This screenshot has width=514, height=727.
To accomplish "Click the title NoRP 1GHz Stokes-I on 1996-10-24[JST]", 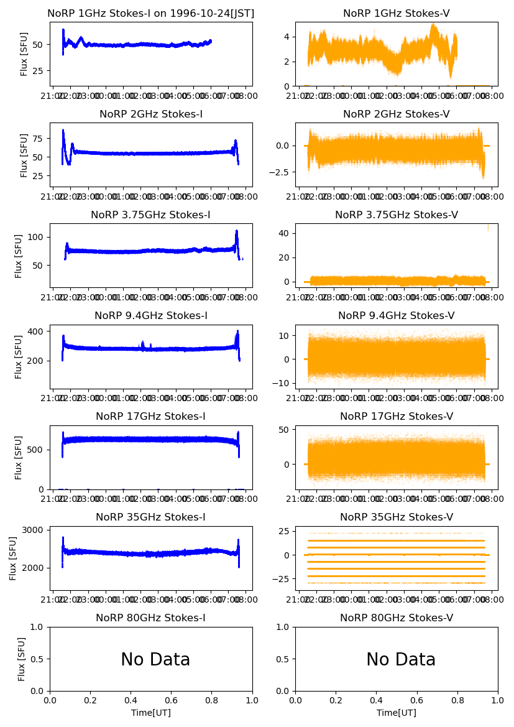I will (x=151, y=13).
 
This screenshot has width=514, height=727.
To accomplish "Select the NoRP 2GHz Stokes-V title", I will (x=397, y=114).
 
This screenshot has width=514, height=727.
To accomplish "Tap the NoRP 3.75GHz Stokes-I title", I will (x=151, y=215).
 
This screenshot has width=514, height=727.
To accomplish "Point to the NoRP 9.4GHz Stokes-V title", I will (x=397, y=315).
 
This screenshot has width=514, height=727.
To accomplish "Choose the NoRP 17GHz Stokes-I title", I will (x=151, y=416).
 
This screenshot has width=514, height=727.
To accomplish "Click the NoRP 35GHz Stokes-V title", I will (x=397, y=517).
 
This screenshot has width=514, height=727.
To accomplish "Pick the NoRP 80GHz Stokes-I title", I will (x=151, y=618).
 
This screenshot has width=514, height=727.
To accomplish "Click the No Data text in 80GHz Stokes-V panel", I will (x=401, y=660).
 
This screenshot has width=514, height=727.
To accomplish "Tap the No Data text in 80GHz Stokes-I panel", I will (x=155, y=660).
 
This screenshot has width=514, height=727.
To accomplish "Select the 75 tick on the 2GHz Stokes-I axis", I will (x=39, y=137).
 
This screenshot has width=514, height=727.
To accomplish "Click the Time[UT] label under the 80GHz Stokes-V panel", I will (x=397, y=713).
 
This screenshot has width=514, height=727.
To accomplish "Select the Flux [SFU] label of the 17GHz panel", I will (x=19, y=457).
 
